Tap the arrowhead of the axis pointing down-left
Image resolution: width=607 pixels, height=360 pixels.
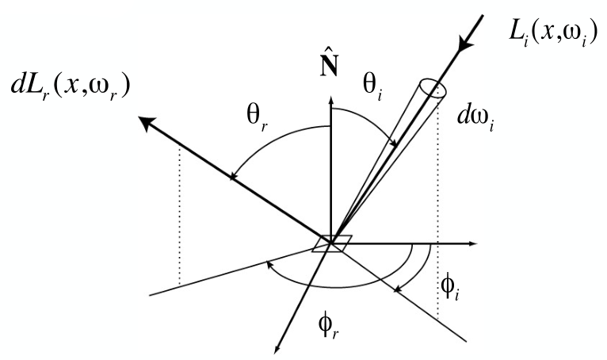click(x=279, y=348)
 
